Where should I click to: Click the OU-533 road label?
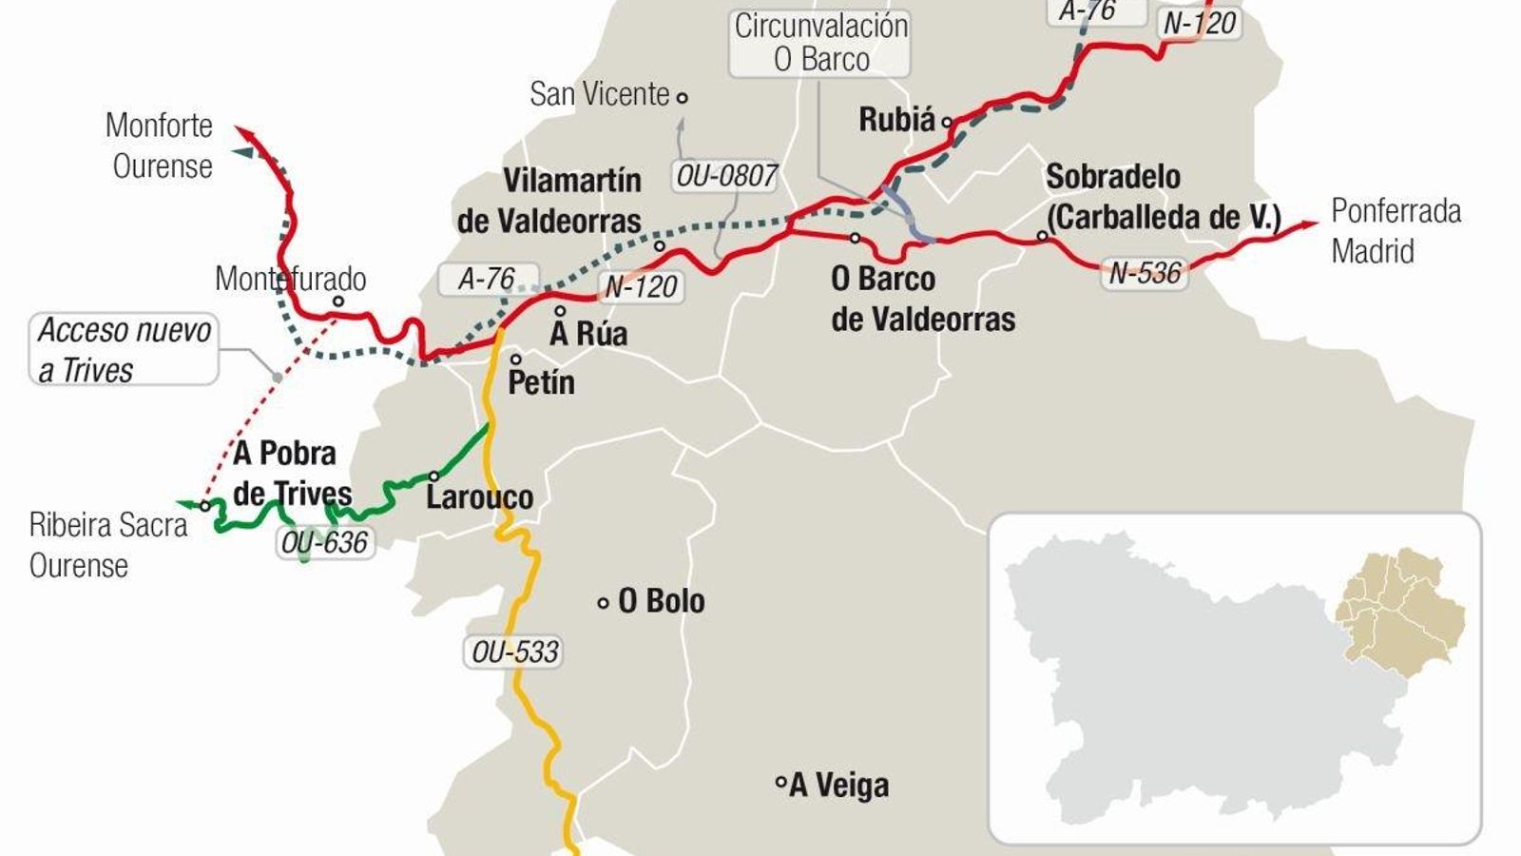515,652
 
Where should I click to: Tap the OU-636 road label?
324,542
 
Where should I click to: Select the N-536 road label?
1145,274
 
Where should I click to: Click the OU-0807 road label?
726,176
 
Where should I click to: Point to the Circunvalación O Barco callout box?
820,43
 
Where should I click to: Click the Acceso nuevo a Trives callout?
124,350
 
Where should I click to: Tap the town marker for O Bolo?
603,602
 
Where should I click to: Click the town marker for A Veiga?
780,783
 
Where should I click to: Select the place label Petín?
541,382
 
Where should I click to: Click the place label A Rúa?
588,334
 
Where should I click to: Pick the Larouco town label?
479,496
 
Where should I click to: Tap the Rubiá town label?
896,120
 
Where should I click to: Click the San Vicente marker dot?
682,96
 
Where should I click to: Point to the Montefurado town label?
290,279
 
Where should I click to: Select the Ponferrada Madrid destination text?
1395,231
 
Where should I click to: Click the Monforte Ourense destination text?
160,146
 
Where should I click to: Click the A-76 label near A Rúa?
486,279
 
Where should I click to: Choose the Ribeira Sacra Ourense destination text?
107,545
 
